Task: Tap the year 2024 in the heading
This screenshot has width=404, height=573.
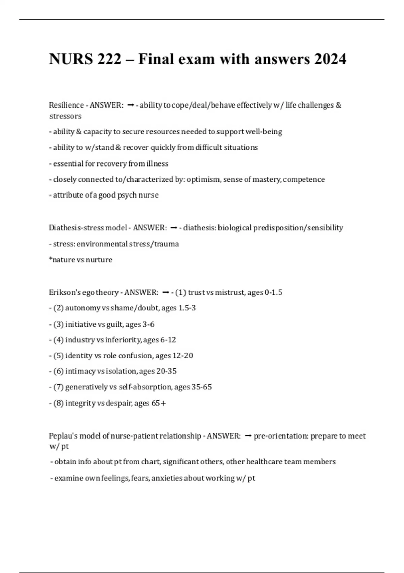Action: [x=330, y=59]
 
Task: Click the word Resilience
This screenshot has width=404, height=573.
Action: [x=66, y=105]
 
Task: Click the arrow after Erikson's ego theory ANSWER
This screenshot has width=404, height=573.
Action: [x=165, y=292]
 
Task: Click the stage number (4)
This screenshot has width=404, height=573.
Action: [x=59, y=340]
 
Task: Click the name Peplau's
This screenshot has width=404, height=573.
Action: [x=61, y=436]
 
